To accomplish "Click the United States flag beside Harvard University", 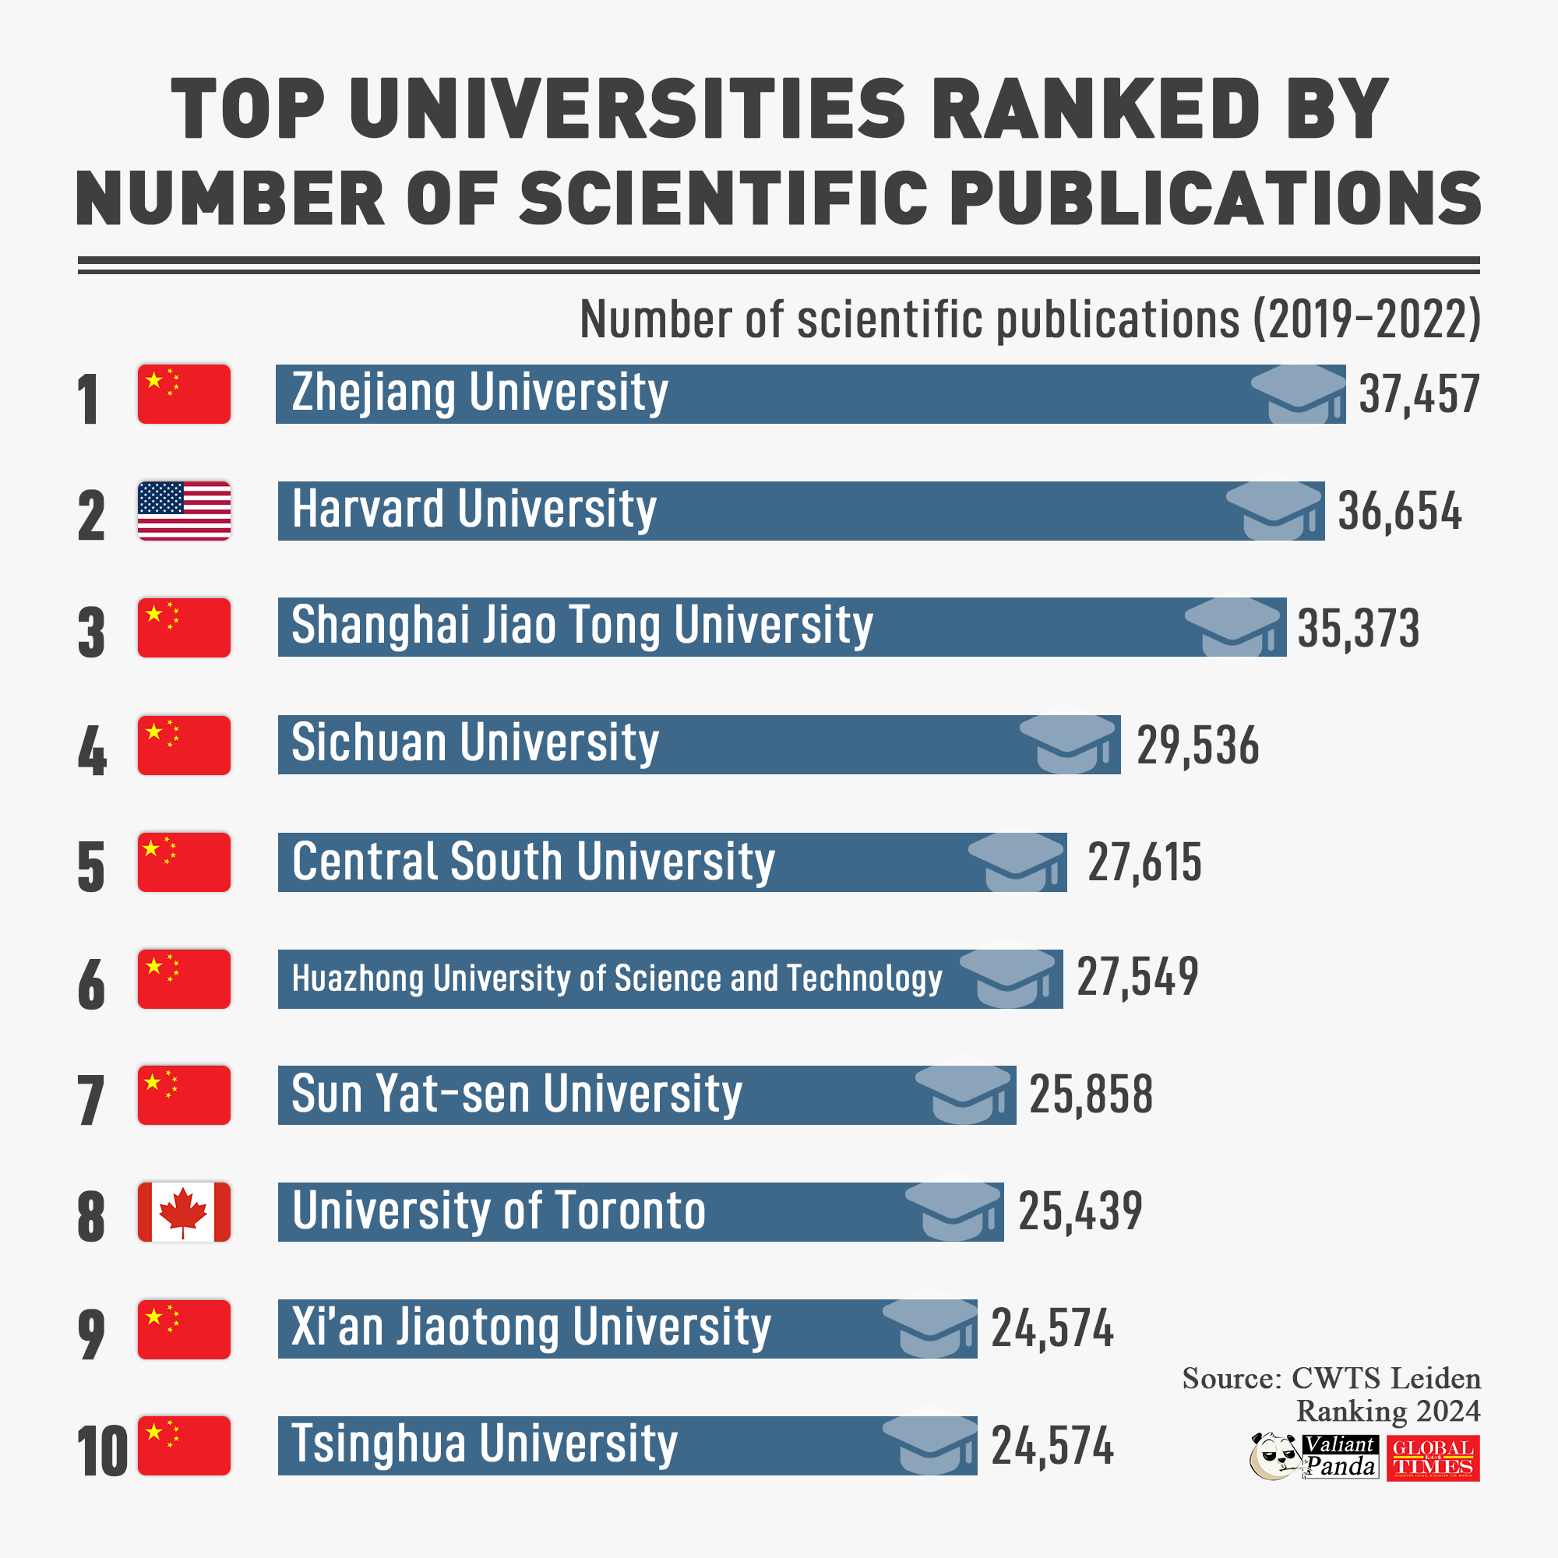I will click(184, 510).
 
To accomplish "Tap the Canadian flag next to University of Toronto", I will click(184, 1211).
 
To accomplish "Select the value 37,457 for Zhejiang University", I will click(1419, 394).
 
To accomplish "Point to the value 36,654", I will click(1399, 511).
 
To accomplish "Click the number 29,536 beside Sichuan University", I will click(1197, 746).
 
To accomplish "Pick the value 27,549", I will click(1137, 978).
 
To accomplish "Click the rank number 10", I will click(101, 1451).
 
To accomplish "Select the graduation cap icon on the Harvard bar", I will click(1274, 509).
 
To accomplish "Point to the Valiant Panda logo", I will click(1313, 1458).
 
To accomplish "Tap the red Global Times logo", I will click(1433, 1458).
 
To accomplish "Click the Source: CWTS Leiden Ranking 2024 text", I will click(1331, 1394).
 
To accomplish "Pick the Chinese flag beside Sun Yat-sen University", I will click(184, 1095).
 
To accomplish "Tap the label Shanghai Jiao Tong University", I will click(581, 626).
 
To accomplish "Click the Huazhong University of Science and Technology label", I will click(617, 978).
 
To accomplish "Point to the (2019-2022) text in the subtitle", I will click(1367, 319).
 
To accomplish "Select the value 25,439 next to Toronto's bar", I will click(1080, 1211).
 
